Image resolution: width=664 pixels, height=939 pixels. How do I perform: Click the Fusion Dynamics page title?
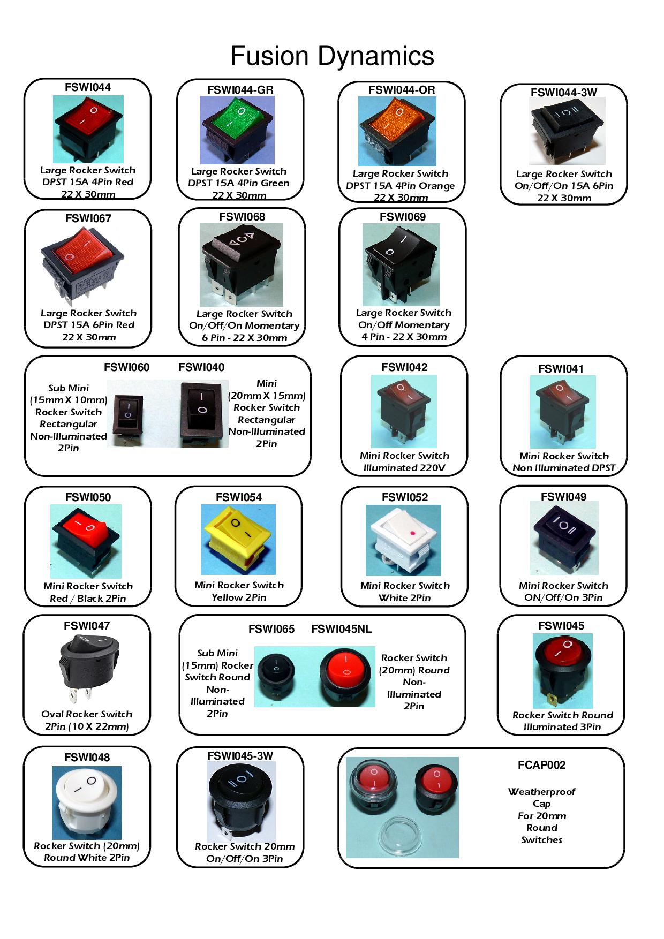point(332,56)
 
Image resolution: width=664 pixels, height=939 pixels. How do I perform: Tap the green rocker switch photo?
point(237,130)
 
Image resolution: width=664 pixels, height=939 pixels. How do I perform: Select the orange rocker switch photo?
point(397,132)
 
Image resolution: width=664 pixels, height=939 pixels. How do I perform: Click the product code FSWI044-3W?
point(563,92)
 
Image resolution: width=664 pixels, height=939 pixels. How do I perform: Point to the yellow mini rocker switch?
point(238,540)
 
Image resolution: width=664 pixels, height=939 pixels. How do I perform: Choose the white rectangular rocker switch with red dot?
point(403,540)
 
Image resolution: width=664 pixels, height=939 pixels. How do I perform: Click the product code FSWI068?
point(242,216)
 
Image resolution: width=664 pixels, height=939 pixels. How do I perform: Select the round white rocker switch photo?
point(87,802)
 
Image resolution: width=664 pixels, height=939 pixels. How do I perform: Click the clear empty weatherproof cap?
point(401,834)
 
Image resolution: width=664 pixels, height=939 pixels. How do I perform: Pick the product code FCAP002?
point(541,765)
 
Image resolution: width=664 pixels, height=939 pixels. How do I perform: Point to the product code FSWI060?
point(127,367)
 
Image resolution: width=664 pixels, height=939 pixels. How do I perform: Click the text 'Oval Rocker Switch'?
point(87,714)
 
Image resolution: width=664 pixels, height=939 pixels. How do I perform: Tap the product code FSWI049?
point(563,497)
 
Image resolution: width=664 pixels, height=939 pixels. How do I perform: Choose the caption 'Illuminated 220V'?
point(404,468)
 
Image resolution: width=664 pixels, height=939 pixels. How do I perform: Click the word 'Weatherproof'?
point(541,792)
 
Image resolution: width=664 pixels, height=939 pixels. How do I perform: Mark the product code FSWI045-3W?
point(240,755)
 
